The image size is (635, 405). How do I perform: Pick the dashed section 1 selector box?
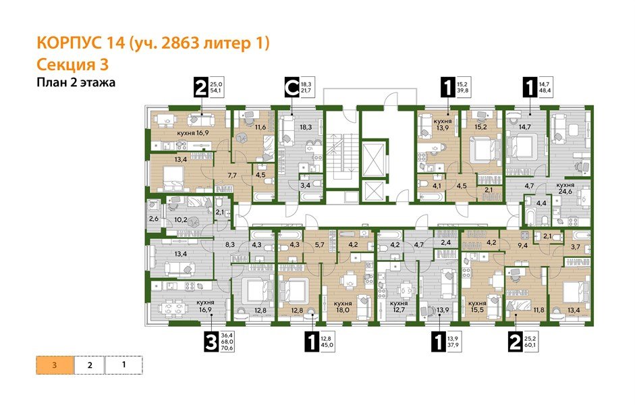pos(124,364)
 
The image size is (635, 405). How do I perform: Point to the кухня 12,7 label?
pos(401,307)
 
